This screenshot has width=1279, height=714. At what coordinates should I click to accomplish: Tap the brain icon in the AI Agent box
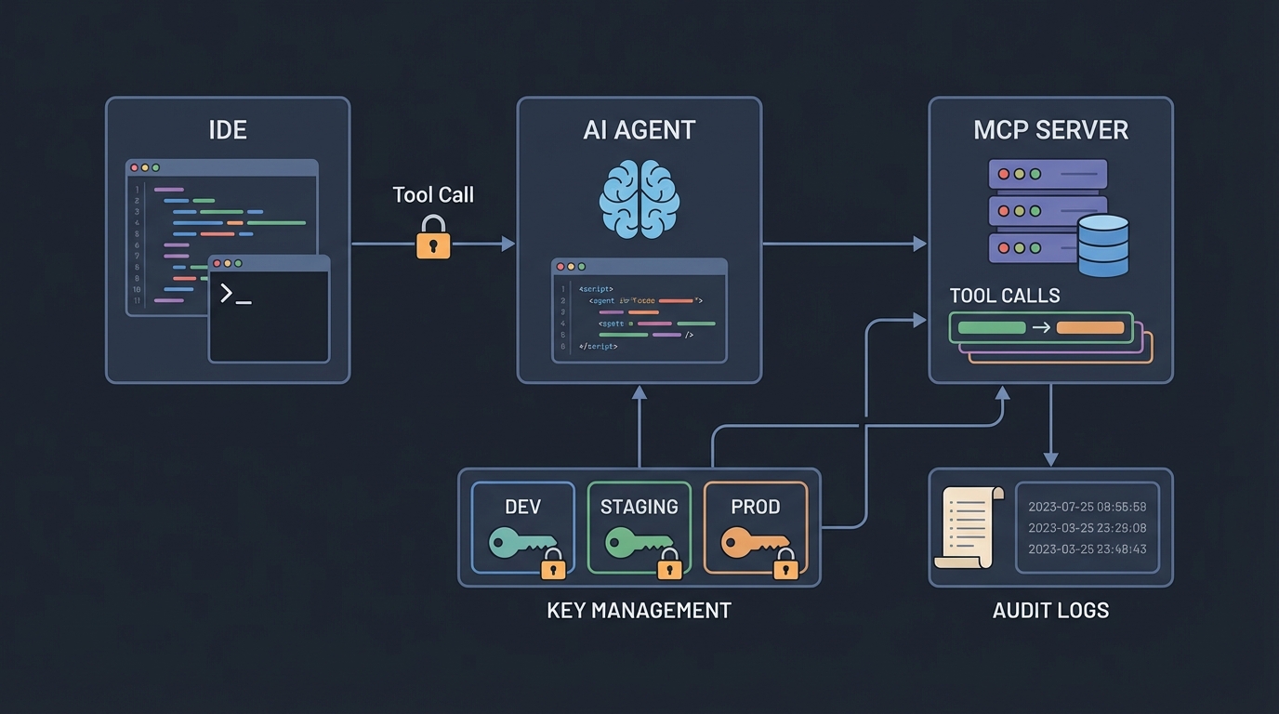point(639,198)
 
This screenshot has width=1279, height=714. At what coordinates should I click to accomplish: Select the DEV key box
point(522,528)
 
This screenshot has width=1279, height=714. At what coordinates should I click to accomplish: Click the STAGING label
point(639,507)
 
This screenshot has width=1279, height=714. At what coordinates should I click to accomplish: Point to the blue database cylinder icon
point(1103,245)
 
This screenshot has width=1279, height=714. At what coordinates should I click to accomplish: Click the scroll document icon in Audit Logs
point(969,526)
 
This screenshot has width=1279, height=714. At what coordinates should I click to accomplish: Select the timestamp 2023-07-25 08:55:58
point(1088,507)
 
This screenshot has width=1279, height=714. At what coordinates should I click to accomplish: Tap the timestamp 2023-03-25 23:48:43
point(1088,549)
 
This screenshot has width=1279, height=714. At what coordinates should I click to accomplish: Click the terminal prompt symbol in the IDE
point(235,295)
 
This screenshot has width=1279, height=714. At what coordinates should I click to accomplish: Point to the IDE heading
point(228,129)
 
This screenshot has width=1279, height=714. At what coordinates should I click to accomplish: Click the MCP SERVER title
point(1050,129)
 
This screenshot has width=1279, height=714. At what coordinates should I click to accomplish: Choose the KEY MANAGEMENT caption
point(639,611)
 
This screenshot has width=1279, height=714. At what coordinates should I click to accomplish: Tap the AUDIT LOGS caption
point(1050,611)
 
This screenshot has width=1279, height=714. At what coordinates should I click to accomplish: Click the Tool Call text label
point(433,194)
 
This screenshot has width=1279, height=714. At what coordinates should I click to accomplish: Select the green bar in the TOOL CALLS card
point(991,327)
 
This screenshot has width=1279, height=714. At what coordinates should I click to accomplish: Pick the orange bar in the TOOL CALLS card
point(1090,327)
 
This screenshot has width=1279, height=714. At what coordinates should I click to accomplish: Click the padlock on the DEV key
point(553,563)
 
